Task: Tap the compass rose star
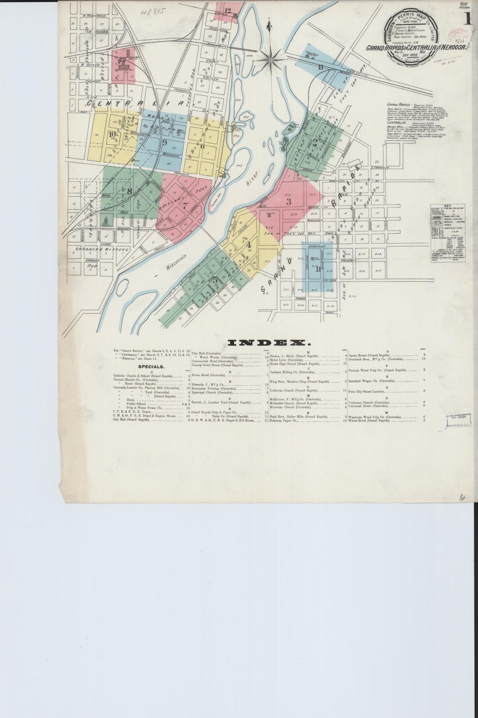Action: [x=270, y=60]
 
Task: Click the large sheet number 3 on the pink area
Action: [x=288, y=201]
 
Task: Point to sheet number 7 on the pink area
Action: [x=184, y=205]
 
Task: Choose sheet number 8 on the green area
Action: [x=130, y=191]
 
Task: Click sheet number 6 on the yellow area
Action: [x=202, y=146]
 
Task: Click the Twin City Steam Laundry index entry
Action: [x=367, y=391]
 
